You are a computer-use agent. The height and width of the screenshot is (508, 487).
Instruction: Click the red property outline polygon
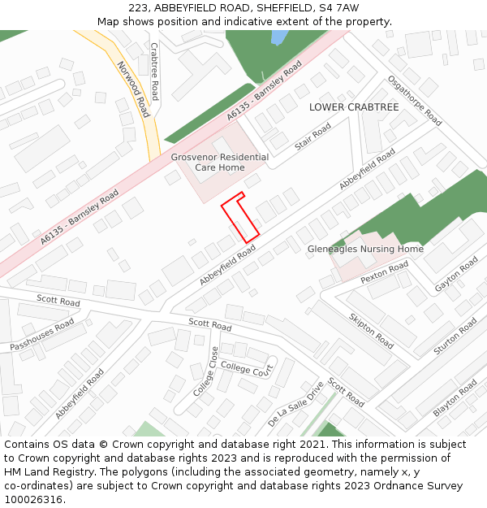click(240, 217)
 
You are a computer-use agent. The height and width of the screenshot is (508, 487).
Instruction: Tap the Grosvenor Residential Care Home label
click(219, 163)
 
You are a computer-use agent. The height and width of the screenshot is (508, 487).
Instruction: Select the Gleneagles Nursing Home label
click(365, 249)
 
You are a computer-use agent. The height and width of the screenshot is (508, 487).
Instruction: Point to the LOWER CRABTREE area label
click(354, 107)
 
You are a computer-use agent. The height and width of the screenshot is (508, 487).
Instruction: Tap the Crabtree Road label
click(154, 72)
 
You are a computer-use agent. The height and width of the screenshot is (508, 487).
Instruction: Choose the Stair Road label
click(312, 137)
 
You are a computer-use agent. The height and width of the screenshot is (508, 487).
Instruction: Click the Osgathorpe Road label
click(415, 101)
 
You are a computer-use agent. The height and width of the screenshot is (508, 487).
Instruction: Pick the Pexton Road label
click(385, 273)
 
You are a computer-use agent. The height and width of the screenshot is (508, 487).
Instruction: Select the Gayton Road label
click(457, 275)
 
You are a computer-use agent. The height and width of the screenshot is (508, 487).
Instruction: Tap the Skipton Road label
click(371, 330)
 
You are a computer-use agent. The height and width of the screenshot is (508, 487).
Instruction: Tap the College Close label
click(205, 371)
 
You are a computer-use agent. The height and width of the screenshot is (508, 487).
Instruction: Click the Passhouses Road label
click(42, 335)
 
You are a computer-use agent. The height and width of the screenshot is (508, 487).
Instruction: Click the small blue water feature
click(278, 37)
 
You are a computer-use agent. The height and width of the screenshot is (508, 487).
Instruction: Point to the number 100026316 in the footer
click(34, 499)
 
